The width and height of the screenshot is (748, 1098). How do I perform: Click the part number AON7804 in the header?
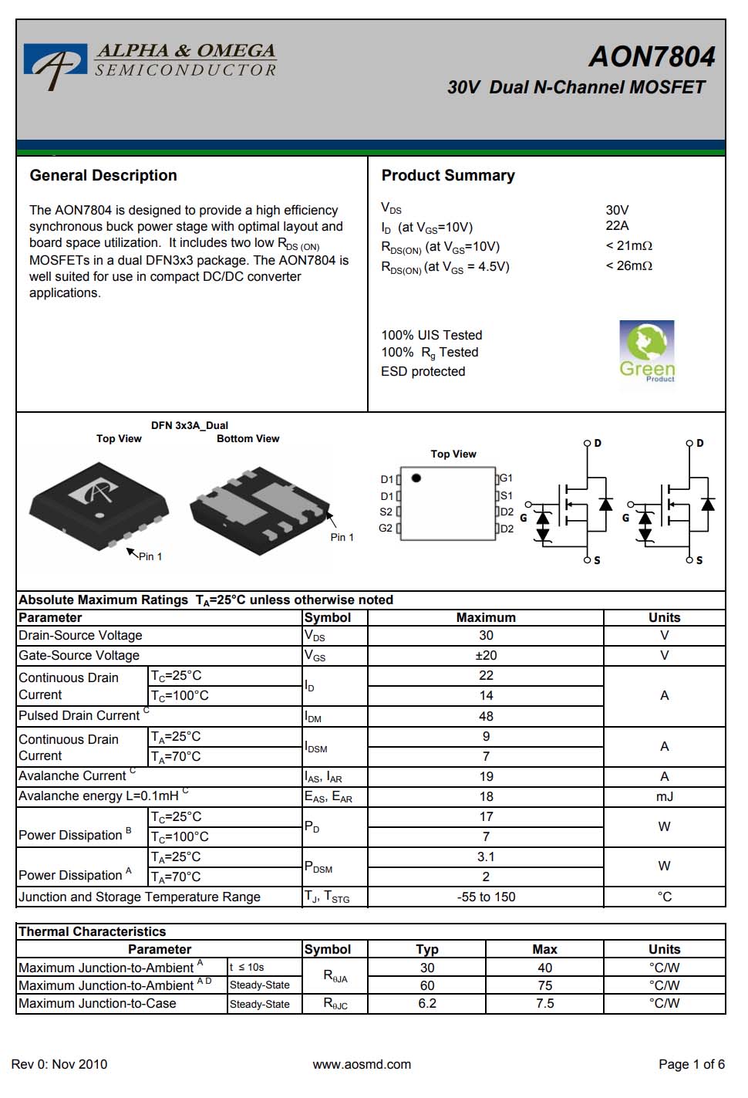point(652,57)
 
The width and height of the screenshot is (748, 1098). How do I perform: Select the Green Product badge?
point(647,351)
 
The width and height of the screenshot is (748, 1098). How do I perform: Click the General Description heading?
point(103,175)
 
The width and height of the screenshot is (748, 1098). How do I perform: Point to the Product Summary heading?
point(448,175)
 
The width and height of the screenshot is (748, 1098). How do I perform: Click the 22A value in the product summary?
point(617,225)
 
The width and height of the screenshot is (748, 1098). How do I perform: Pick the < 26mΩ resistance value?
point(628,265)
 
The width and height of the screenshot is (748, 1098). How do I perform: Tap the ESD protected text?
point(423,371)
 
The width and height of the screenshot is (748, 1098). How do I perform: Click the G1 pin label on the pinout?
point(506,478)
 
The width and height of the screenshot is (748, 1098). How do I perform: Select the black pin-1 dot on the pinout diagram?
point(416,478)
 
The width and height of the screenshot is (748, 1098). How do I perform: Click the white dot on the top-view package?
point(99,515)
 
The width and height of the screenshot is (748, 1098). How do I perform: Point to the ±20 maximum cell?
point(486,655)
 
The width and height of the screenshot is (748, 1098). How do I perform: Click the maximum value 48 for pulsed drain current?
point(486,716)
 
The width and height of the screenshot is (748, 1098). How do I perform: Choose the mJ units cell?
point(664,796)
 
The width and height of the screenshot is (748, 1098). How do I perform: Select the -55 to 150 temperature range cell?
point(486,897)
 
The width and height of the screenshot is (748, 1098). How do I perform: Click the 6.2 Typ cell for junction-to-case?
point(427,1003)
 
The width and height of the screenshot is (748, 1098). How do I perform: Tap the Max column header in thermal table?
point(544,949)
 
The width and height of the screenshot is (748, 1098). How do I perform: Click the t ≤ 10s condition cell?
point(247,967)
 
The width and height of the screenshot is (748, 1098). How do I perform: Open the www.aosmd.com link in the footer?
point(362,1064)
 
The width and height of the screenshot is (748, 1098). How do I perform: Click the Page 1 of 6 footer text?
point(691,1064)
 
